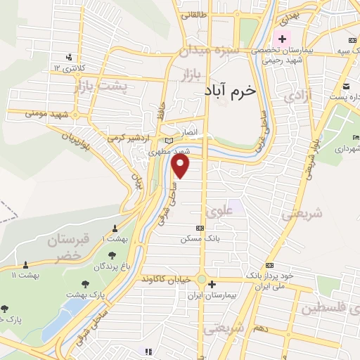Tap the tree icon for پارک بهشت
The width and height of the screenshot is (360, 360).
86,284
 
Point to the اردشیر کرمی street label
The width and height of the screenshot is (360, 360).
130,138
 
